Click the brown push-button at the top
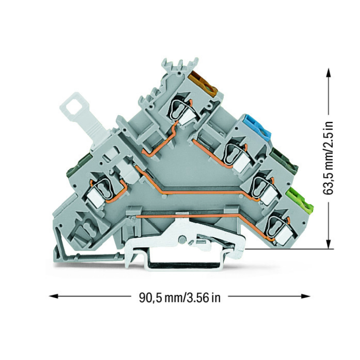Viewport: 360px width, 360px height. [x=203, y=83]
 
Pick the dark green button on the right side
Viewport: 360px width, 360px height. [x=285, y=159]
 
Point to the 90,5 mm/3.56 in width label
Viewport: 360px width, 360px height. [x=180, y=298]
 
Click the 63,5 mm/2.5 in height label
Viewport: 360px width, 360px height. [x=327, y=158]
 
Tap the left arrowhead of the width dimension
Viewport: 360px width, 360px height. [x=53, y=296]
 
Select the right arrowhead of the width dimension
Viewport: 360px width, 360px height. [x=306, y=296]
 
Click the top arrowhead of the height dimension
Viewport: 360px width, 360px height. [x=329, y=73]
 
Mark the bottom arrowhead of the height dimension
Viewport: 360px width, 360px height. [x=329, y=244]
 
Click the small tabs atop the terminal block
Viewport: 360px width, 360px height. [x=180, y=65]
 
